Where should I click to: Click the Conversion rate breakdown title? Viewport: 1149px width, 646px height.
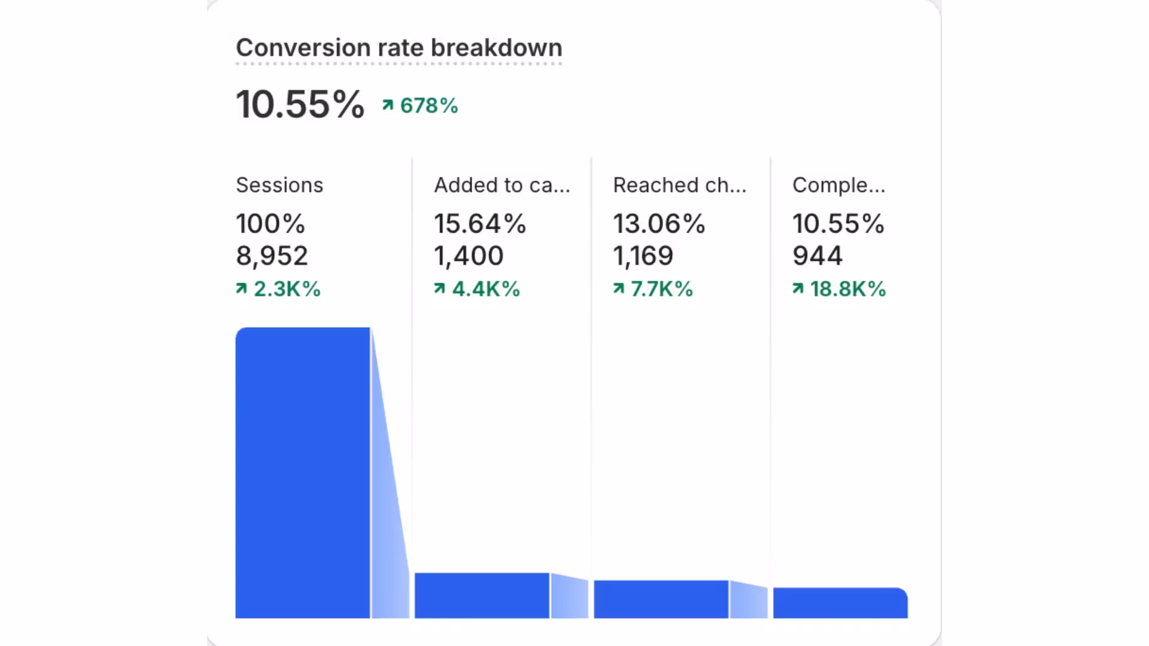click(399, 48)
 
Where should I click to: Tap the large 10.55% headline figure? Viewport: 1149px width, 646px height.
click(300, 105)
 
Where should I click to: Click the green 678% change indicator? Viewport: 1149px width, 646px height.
click(421, 106)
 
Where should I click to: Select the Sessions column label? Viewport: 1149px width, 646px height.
click(279, 185)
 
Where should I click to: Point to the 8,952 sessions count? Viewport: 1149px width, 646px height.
click(272, 256)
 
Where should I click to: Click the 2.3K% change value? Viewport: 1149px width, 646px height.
click(279, 290)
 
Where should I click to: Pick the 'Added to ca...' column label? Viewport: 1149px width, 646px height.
click(501, 185)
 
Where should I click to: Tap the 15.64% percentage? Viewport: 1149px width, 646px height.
click(480, 224)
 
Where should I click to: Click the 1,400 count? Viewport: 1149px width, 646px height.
click(469, 256)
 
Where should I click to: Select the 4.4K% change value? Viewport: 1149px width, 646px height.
click(478, 290)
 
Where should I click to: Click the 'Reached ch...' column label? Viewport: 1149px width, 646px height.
click(680, 185)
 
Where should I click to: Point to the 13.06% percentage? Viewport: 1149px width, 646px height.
click(659, 224)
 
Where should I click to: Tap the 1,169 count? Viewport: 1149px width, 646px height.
click(643, 256)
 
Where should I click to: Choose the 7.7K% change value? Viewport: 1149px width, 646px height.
click(653, 290)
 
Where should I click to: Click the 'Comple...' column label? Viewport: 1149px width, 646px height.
click(838, 185)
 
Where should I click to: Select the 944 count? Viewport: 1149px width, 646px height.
click(817, 256)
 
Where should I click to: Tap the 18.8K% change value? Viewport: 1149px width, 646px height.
click(840, 290)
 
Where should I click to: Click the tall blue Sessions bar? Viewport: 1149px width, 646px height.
click(303, 473)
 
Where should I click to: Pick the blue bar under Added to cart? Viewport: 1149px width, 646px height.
click(482, 596)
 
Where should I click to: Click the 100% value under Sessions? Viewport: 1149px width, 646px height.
click(270, 224)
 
